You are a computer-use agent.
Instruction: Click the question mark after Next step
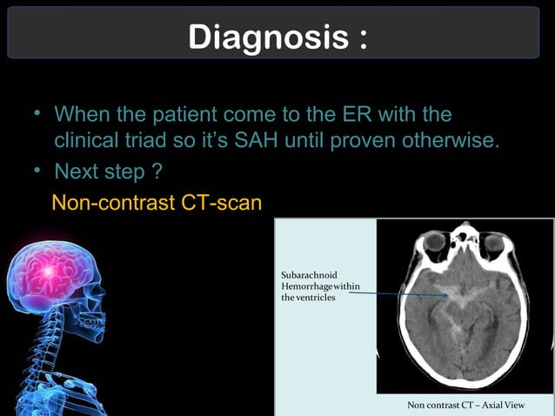click(x=159, y=171)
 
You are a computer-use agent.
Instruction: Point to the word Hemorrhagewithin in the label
click(x=320, y=287)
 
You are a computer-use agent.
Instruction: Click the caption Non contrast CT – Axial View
click(x=466, y=406)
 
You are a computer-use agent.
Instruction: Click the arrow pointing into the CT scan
click(x=400, y=295)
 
